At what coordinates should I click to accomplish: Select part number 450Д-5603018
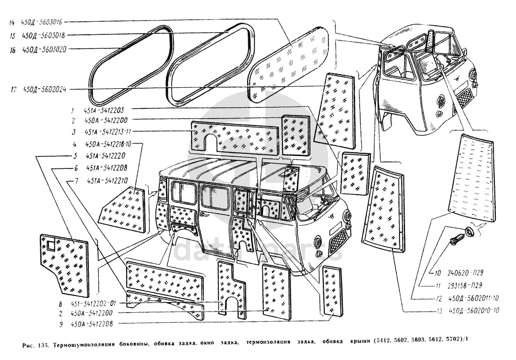tap(42, 35)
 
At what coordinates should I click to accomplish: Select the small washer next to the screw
tap(469, 231)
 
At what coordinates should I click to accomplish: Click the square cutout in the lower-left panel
tap(52, 247)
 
